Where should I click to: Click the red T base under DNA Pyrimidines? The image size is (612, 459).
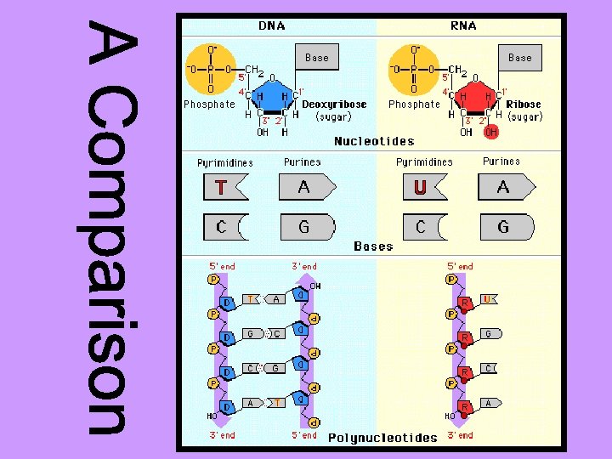coord(224,186)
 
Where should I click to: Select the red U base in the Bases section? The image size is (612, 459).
coord(422,186)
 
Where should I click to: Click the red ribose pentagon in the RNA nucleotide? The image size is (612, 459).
coord(473,96)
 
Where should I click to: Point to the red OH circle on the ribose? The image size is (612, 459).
coord(491,132)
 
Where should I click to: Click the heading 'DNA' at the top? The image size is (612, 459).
coord(271,25)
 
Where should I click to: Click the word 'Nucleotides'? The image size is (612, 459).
coord(374,141)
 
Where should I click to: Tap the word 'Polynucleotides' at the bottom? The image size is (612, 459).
coord(382,438)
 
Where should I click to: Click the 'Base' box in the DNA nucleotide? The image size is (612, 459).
coord(316,58)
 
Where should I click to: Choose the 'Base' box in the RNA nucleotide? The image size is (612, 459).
coord(519,58)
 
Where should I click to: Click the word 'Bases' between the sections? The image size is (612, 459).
coord(373,246)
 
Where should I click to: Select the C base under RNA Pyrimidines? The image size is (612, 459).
coord(422,227)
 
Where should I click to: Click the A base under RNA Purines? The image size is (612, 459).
coord(505,186)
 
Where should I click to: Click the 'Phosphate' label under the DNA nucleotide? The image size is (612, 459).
coord(209,105)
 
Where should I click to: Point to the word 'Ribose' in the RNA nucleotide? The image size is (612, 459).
coord(524,105)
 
